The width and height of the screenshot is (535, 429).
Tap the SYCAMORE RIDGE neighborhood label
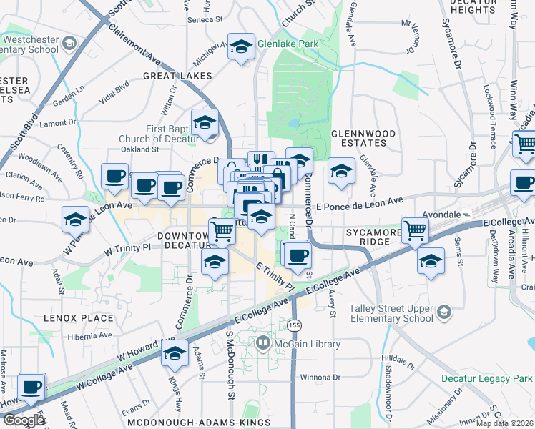click(x=368, y=237)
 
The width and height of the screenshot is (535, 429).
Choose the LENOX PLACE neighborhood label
click(x=79, y=317)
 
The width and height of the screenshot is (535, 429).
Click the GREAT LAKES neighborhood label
click(x=178, y=76)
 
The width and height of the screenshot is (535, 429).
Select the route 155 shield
click(x=294, y=325)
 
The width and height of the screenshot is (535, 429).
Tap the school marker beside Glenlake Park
click(x=241, y=47)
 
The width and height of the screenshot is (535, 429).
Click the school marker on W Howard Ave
click(x=174, y=354)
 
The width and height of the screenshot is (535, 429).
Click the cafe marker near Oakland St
click(x=114, y=176)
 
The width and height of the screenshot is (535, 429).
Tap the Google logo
click(x=24, y=420)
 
